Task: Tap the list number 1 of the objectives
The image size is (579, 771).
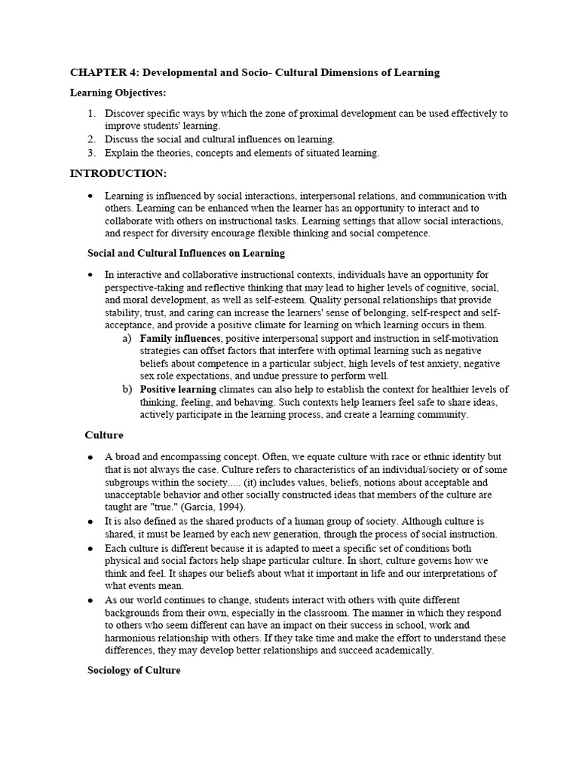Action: (91, 114)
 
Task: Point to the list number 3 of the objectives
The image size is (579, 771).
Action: (91, 153)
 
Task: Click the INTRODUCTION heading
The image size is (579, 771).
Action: (118, 173)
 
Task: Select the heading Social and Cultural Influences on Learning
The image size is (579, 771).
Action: (186, 254)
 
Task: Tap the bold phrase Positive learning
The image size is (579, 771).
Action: (178, 390)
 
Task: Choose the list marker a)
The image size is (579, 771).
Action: (127, 339)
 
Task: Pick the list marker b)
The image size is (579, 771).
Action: (127, 390)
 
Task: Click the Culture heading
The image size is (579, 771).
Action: (104, 435)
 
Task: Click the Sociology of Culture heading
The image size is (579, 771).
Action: (134, 670)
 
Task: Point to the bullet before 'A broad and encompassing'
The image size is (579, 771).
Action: (90, 457)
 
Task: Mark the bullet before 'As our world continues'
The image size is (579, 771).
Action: (90, 601)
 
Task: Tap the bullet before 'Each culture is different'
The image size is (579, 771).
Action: (90, 550)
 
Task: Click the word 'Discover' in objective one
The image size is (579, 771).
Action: (124, 114)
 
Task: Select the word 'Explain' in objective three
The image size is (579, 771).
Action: (121, 153)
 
